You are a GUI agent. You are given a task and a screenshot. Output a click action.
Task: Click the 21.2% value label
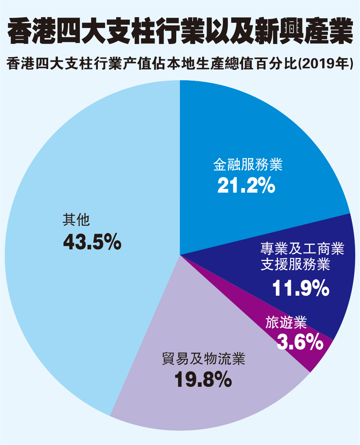246,185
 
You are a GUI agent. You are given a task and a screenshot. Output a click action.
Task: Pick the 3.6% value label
300,341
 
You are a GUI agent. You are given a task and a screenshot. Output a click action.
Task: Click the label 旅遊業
286,322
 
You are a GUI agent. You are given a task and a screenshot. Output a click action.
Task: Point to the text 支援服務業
295,265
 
